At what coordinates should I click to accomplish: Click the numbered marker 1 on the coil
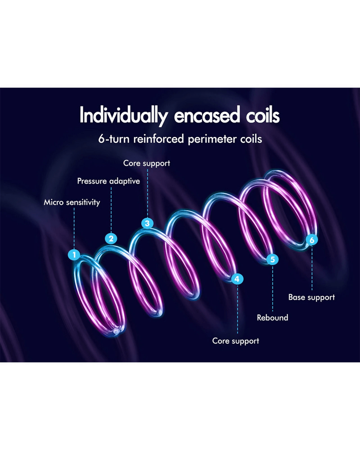point(74,255)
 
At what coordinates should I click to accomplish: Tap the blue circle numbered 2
point(111,238)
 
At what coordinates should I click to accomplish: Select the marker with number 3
point(147,223)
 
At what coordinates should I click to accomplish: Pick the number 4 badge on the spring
point(237,279)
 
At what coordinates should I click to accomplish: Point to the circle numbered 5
point(272,259)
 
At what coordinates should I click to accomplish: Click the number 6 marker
point(312,240)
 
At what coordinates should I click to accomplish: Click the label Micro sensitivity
point(72,202)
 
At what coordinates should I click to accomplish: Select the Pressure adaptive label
point(108,181)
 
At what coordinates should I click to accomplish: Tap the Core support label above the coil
point(147,163)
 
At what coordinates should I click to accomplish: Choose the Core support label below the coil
point(236,341)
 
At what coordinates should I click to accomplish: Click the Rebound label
point(272,317)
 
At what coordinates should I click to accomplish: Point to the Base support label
point(312,297)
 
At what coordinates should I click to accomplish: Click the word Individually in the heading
point(123,116)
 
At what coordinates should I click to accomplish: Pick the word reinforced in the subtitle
point(159,139)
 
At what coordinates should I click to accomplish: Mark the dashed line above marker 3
point(148,193)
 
